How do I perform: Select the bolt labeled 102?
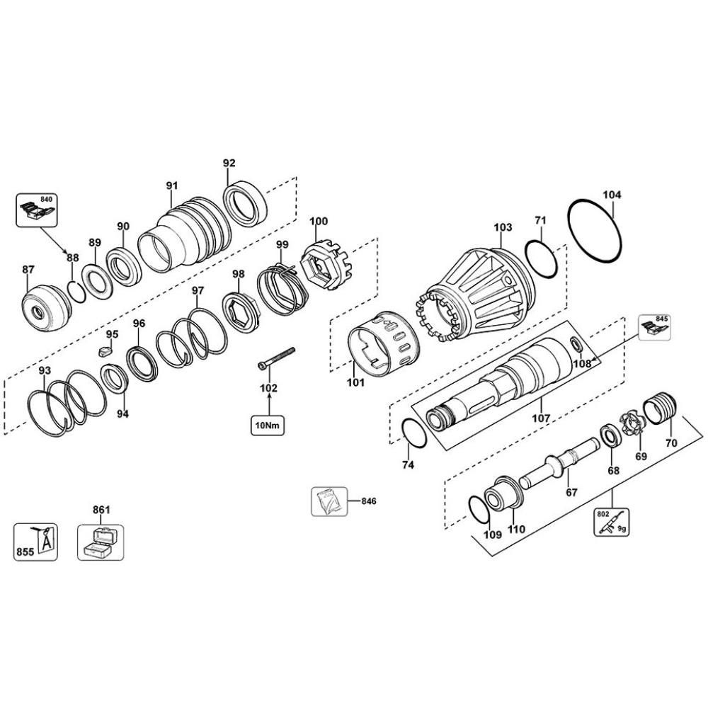point(275,358)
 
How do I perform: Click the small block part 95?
point(107,349)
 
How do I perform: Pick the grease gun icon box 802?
point(611,523)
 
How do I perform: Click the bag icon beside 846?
point(329,501)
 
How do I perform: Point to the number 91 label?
point(171,185)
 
